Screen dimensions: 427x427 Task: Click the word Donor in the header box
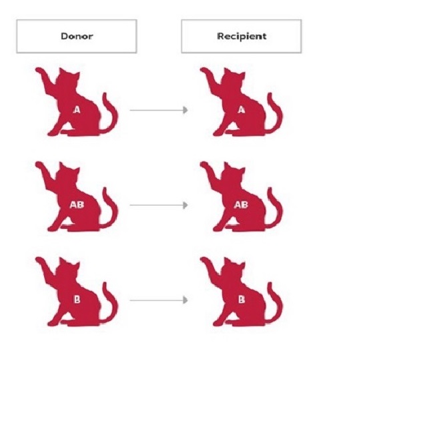click(77, 36)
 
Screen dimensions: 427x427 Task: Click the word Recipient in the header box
click(241, 36)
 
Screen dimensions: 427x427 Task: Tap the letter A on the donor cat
click(77, 110)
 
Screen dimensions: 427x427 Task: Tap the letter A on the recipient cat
click(241, 110)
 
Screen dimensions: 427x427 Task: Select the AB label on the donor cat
click(77, 205)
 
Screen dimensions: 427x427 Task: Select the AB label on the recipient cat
click(241, 205)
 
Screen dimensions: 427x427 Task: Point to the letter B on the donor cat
click(77, 300)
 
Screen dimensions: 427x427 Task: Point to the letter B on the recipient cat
click(241, 300)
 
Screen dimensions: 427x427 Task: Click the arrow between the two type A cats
click(159, 110)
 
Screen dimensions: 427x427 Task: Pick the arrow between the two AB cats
click(159, 205)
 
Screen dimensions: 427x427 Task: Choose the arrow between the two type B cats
click(159, 300)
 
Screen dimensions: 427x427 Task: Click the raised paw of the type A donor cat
click(41, 71)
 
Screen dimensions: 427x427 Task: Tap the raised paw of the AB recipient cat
click(205, 166)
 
